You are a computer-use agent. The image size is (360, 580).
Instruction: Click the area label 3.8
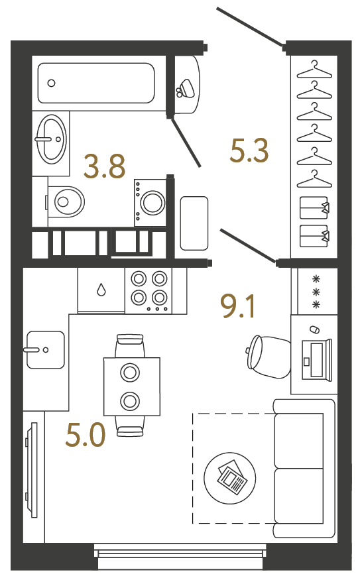105,166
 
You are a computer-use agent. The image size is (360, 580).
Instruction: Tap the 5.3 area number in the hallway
249,150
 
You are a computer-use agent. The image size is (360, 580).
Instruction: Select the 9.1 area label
237,306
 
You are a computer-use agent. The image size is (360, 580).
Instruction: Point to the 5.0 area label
86,435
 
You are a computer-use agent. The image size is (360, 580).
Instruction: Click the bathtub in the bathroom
96,83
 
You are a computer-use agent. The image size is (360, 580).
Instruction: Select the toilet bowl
66,202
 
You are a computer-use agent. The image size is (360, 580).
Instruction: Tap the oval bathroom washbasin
52,139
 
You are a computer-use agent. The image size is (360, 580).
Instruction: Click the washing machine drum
152,202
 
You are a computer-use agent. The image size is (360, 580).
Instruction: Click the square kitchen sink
46,349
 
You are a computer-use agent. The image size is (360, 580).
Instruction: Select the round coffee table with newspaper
230,477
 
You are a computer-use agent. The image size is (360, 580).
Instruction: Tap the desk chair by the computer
267,357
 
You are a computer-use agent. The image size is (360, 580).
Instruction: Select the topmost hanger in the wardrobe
314,70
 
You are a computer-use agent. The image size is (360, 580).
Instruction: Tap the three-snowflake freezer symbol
316,292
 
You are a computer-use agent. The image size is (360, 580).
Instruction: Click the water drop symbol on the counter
101,290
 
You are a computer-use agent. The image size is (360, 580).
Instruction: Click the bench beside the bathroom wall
194,223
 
